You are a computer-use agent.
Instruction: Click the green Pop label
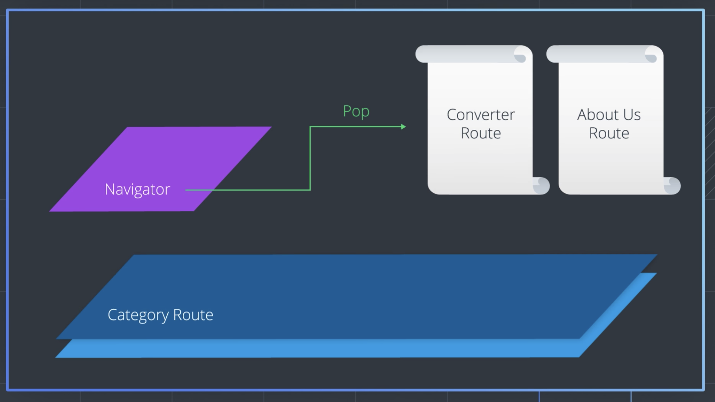point(356,111)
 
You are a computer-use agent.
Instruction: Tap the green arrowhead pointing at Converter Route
point(403,127)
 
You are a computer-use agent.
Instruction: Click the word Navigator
point(137,189)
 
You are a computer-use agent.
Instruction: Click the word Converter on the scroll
point(481,115)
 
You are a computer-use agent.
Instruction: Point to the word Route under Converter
point(481,133)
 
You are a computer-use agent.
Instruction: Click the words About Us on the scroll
point(609,115)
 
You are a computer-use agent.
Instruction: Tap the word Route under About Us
point(609,133)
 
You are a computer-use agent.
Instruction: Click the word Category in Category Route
point(138,315)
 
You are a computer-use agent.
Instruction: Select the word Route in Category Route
point(193,315)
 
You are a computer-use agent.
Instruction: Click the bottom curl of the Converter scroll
point(541,186)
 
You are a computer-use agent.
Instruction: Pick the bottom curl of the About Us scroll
point(672,186)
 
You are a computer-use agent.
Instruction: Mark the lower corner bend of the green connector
point(310,190)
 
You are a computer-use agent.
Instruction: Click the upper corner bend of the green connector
point(310,127)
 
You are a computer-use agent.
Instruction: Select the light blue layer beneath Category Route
point(330,348)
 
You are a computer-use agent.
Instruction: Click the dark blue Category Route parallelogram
point(366,293)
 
